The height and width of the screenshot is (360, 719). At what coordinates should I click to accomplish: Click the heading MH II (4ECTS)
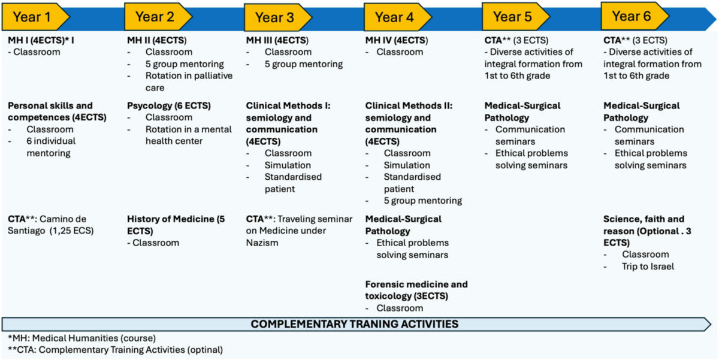(x=156, y=40)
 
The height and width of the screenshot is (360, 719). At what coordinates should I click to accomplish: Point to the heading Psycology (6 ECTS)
(x=169, y=105)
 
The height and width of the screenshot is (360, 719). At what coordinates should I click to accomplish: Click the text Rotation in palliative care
(x=189, y=81)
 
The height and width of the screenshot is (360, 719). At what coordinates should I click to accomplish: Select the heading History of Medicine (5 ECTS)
(x=176, y=225)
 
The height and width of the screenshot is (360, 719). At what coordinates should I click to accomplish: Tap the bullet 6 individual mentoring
(x=51, y=147)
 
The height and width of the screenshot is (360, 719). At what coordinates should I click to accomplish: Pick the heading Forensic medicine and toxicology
(x=416, y=290)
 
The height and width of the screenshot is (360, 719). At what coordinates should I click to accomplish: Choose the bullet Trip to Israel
(x=648, y=267)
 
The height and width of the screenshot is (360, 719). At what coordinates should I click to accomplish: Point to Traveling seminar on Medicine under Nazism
(x=299, y=231)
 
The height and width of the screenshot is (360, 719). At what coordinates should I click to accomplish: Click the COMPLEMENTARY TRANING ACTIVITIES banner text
(x=354, y=324)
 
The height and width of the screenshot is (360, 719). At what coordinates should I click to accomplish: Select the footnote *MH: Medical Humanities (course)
(x=82, y=338)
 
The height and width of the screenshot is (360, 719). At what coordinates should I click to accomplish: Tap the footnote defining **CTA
(x=115, y=350)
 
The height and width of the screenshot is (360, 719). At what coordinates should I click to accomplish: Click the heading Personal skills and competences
(x=57, y=111)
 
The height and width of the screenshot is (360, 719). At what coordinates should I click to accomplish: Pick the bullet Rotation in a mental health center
(x=188, y=135)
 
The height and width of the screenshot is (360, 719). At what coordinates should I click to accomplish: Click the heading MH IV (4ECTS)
(x=397, y=40)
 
